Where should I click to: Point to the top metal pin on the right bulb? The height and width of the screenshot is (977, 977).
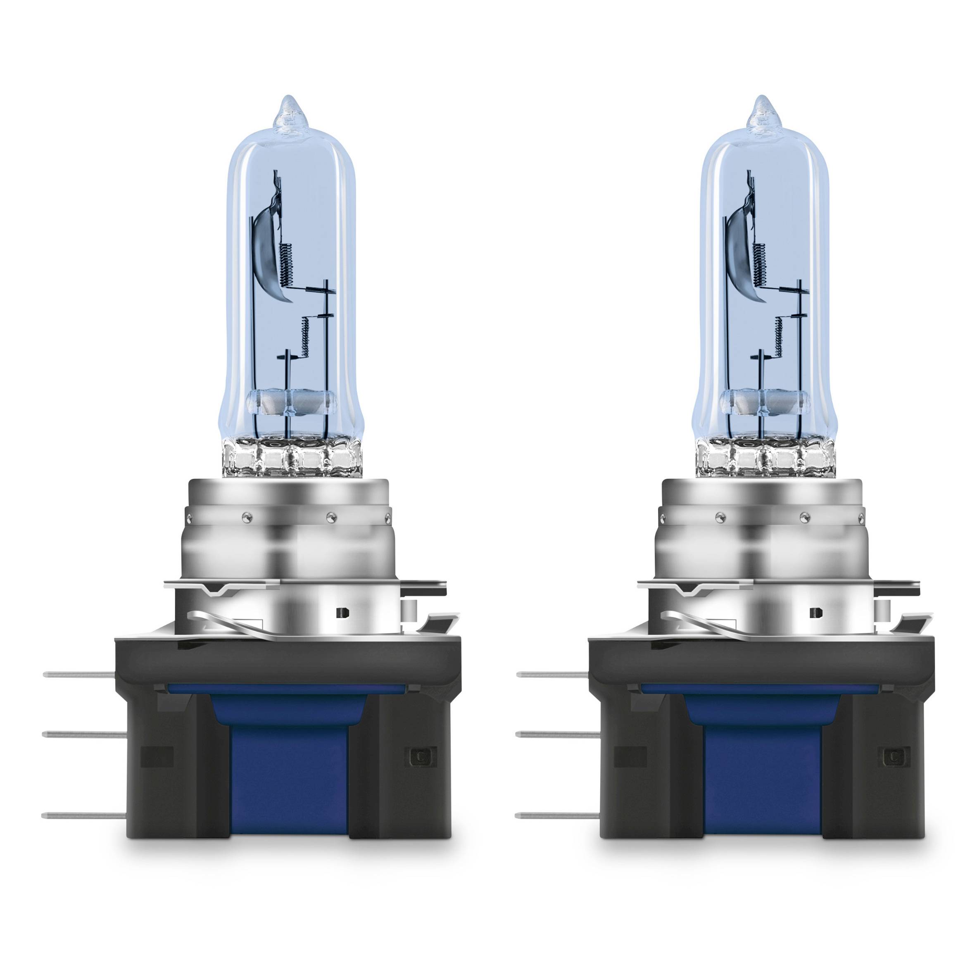553,674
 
